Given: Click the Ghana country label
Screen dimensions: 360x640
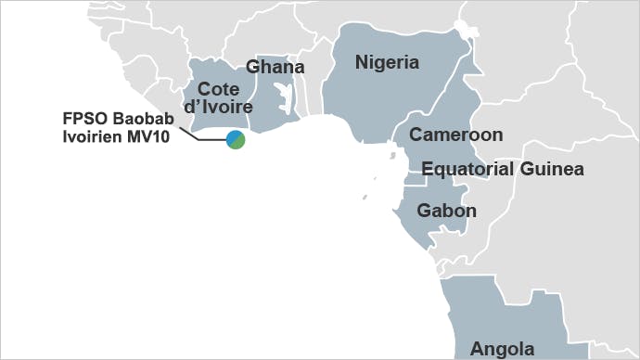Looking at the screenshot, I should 275,68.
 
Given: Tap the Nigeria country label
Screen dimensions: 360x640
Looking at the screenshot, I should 388,63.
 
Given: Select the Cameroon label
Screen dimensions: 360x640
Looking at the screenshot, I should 456,135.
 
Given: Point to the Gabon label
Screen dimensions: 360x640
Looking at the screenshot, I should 446,211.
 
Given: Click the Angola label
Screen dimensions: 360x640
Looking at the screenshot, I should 502,349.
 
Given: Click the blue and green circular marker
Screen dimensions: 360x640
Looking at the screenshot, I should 236,140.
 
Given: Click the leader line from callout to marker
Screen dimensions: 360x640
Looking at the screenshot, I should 205,135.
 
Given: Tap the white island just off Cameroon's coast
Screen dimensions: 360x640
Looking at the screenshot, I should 381,174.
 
